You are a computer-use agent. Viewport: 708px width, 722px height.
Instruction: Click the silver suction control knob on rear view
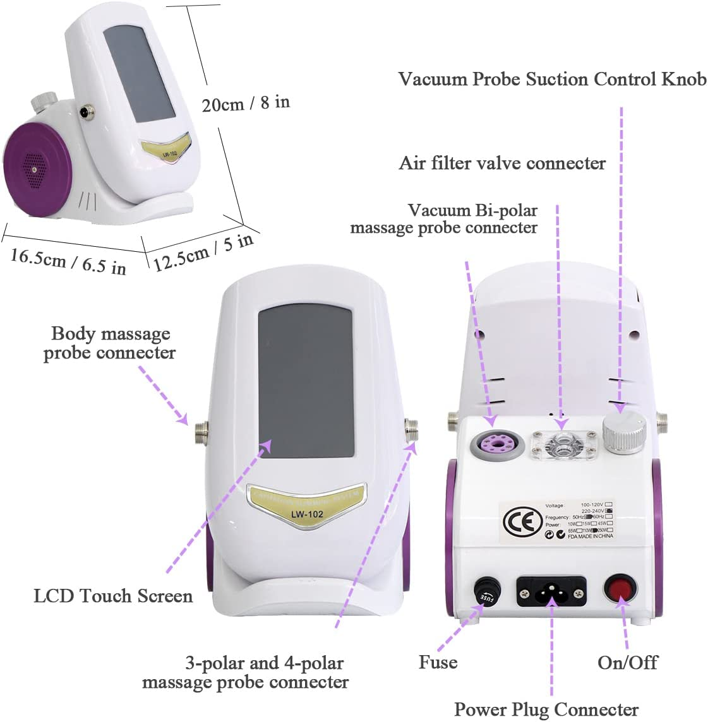pyautogui.click(x=623, y=432)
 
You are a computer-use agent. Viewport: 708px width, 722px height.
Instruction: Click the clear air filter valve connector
pyautogui.click(x=563, y=444)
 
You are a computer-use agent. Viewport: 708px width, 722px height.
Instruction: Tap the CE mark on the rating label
pyautogui.click(x=514, y=521)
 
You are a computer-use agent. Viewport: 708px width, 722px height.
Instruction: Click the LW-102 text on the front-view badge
pyautogui.click(x=307, y=514)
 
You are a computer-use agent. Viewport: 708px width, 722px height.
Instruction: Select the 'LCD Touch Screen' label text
pyautogui.click(x=113, y=596)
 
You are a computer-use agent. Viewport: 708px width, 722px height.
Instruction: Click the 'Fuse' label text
pyautogui.click(x=438, y=662)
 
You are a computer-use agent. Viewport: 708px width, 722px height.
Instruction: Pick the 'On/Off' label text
pyautogui.click(x=627, y=662)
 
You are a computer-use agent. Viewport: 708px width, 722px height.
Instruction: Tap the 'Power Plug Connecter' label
pyautogui.click(x=546, y=709)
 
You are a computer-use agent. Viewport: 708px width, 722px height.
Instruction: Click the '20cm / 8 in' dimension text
pyautogui.click(x=246, y=103)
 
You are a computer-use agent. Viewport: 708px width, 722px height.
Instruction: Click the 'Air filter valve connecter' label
pyautogui.click(x=502, y=163)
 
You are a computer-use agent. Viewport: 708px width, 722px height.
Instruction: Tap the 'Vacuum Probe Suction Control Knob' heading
pyautogui.click(x=552, y=79)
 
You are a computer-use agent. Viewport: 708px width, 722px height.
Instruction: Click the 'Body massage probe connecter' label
pyautogui.click(x=110, y=343)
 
